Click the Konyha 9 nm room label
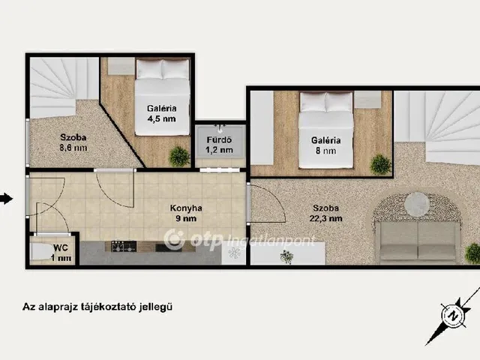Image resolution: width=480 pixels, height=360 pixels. click(186, 213)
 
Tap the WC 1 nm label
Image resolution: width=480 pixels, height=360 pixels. click(61, 253)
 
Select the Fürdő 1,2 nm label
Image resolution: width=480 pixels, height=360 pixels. click(219, 145)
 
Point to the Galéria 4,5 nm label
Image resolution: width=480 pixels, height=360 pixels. click(162, 113)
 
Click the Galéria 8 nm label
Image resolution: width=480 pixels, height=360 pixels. click(325, 145)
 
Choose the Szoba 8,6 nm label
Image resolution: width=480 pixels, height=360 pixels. click(73, 142)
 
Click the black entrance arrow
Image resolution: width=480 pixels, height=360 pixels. click(6, 199)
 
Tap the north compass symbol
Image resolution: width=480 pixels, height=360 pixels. click(454, 315)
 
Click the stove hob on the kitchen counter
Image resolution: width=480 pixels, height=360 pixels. click(124, 247)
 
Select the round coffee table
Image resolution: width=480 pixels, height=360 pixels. click(417, 204)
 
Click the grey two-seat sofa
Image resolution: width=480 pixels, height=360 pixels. click(419, 241)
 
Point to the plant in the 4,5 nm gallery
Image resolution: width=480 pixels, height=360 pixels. click(179, 157)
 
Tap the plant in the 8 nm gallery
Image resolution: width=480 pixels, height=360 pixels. click(380, 164)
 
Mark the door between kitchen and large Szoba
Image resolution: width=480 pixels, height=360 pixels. click(266, 203)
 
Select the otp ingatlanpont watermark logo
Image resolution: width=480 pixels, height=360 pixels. click(239, 240)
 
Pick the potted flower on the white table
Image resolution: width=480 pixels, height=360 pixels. click(286, 256)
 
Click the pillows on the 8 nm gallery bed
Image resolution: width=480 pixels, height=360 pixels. click(326, 102)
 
